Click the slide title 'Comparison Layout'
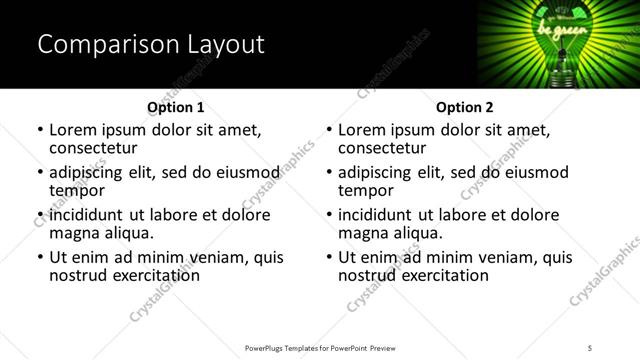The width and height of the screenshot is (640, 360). point(150,45)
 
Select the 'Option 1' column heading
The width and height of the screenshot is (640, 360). point(175,107)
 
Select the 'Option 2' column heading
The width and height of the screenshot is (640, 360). point(464,107)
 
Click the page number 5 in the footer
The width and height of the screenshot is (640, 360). point(590,347)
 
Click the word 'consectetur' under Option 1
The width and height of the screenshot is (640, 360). point(93,148)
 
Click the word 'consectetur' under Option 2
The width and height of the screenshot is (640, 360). point(382,148)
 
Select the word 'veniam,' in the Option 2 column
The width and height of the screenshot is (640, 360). point(508,257)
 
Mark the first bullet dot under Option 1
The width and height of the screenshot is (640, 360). point(40,131)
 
